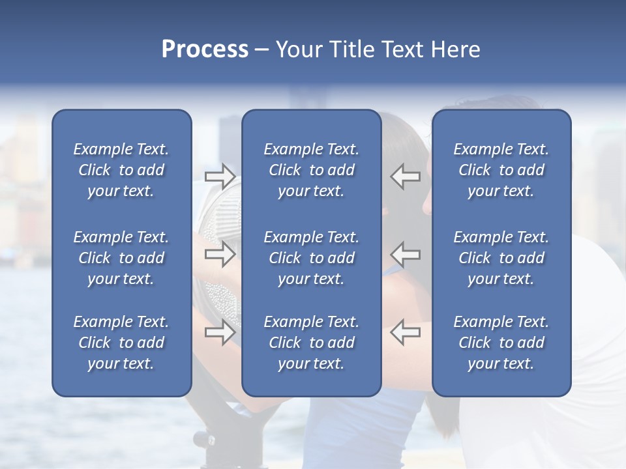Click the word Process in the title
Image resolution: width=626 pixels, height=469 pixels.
coord(205,50)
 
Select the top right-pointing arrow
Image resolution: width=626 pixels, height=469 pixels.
coord(220,177)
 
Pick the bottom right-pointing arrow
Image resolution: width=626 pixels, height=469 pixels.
coord(220,332)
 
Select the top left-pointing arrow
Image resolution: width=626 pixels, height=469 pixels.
coord(405,177)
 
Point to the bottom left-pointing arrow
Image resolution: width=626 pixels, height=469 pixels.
coord(405,332)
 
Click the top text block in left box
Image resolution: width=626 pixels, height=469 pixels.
coord(121,170)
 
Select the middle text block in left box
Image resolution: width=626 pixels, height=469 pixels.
coord(121,258)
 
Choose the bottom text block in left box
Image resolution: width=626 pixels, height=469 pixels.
coord(121,343)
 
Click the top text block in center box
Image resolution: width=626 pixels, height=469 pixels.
coord(312,170)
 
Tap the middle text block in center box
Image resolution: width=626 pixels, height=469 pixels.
coord(312,258)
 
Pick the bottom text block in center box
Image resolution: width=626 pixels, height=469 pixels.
coord(312,343)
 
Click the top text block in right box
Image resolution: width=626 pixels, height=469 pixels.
coord(501,170)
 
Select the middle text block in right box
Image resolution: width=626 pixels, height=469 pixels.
coord(501,258)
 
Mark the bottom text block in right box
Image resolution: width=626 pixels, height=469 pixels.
coord(501,343)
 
